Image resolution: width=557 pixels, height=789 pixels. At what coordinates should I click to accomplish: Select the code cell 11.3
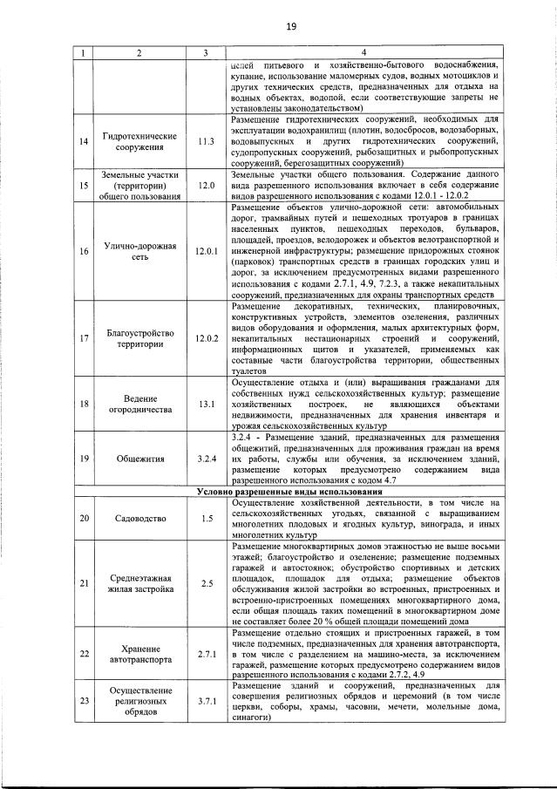[x=206, y=140]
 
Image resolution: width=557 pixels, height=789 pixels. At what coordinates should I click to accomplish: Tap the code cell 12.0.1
[x=206, y=251]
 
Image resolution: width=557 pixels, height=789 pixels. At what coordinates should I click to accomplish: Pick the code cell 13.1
[x=206, y=404]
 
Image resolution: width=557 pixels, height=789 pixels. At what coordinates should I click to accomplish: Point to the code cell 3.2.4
[x=206, y=457]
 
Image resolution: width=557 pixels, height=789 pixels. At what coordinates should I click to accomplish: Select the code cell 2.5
[x=206, y=583]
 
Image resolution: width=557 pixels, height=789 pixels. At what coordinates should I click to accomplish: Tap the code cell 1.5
[x=206, y=519]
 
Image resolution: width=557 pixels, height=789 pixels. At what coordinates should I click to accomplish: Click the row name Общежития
[x=139, y=457]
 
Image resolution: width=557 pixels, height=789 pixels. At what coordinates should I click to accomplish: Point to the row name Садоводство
[x=139, y=519]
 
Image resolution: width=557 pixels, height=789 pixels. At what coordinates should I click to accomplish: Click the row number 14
[x=84, y=140]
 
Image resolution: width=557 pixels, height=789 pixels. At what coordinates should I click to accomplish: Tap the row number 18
[x=84, y=404]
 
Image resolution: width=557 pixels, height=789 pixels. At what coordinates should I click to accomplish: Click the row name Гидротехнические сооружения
[x=139, y=140]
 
